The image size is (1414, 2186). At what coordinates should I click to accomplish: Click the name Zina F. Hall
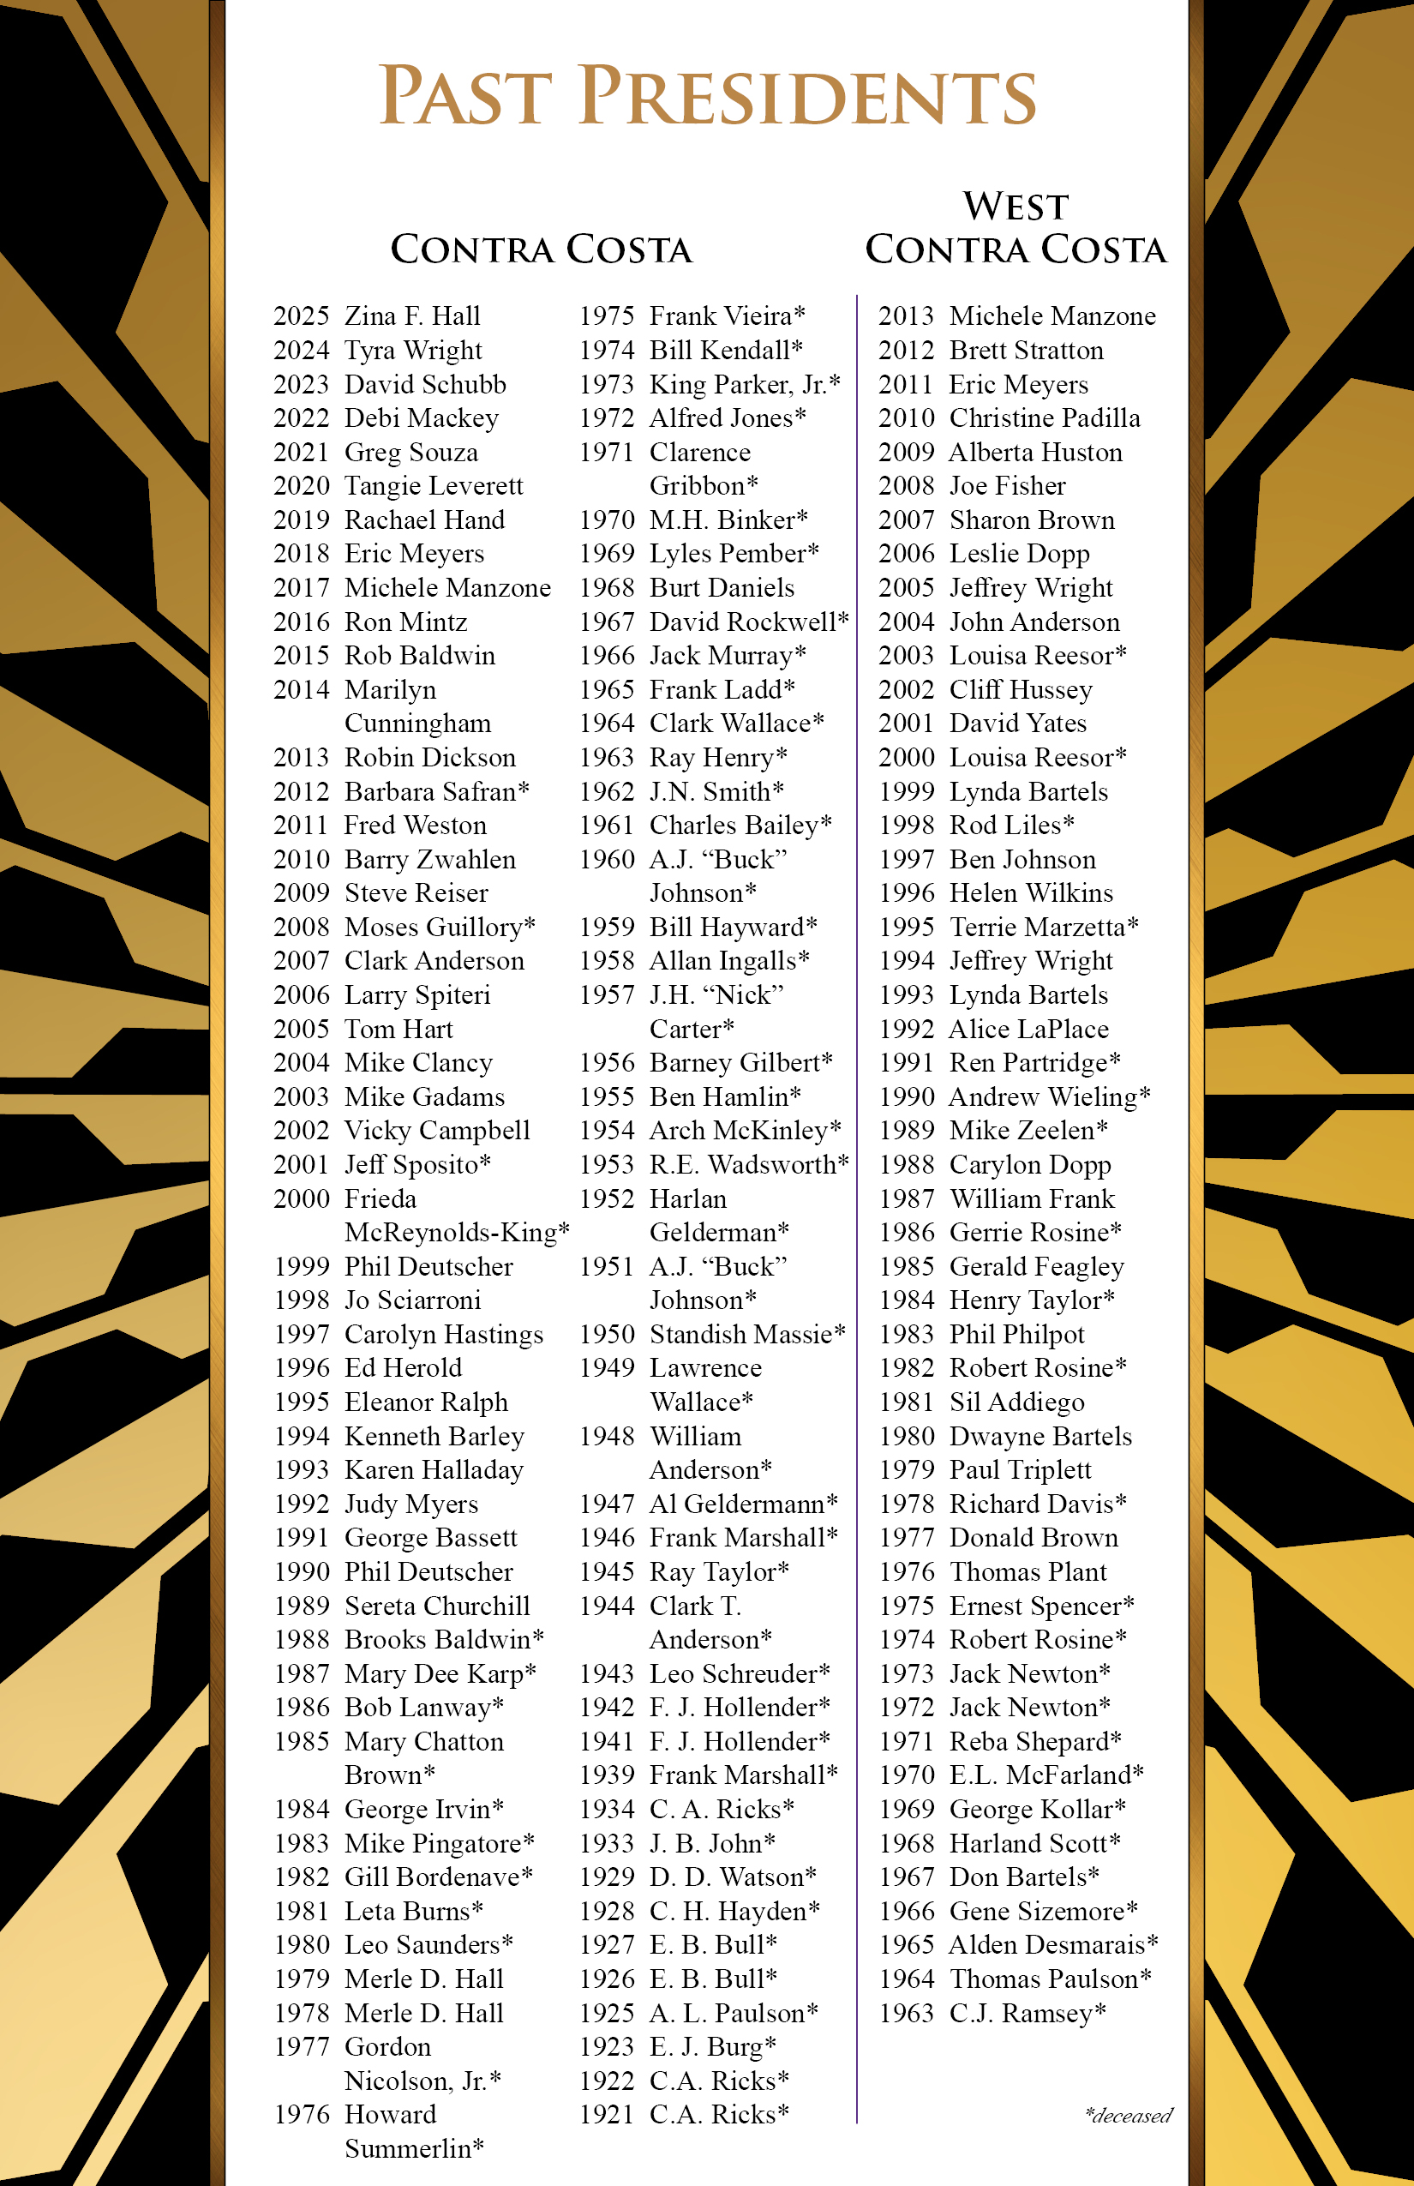tap(412, 316)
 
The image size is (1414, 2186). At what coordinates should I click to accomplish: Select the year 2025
tap(301, 316)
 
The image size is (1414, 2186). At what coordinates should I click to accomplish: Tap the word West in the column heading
tap(1016, 207)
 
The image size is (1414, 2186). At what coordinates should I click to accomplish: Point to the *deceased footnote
tap(1129, 2117)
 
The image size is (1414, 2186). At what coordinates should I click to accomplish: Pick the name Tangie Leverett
tap(434, 486)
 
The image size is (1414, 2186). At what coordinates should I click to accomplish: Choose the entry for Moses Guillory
tap(439, 927)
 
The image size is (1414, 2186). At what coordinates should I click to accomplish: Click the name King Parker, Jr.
tap(744, 384)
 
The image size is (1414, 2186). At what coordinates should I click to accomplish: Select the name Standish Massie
tap(746, 1334)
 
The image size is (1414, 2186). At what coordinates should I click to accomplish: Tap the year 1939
tap(607, 1775)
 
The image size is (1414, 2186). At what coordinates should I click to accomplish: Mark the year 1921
tap(607, 2114)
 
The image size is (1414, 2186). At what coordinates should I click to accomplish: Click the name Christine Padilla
tap(1044, 418)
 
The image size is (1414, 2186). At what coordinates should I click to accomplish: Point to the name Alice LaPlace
tap(1028, 1029)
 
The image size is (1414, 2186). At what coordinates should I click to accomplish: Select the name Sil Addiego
tap(1016, 1402)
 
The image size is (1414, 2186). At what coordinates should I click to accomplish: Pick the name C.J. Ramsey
tap(1027, 2013)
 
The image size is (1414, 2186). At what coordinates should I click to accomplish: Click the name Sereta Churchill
tap(437, 1606)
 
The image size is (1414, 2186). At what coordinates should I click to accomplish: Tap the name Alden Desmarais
tap(1052, 1944)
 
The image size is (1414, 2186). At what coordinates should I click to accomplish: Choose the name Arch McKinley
tap(745, 1130)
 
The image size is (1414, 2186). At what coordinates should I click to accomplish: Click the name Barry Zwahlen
tap(429, 859)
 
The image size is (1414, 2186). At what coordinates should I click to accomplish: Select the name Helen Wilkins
tap(1030, 892)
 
